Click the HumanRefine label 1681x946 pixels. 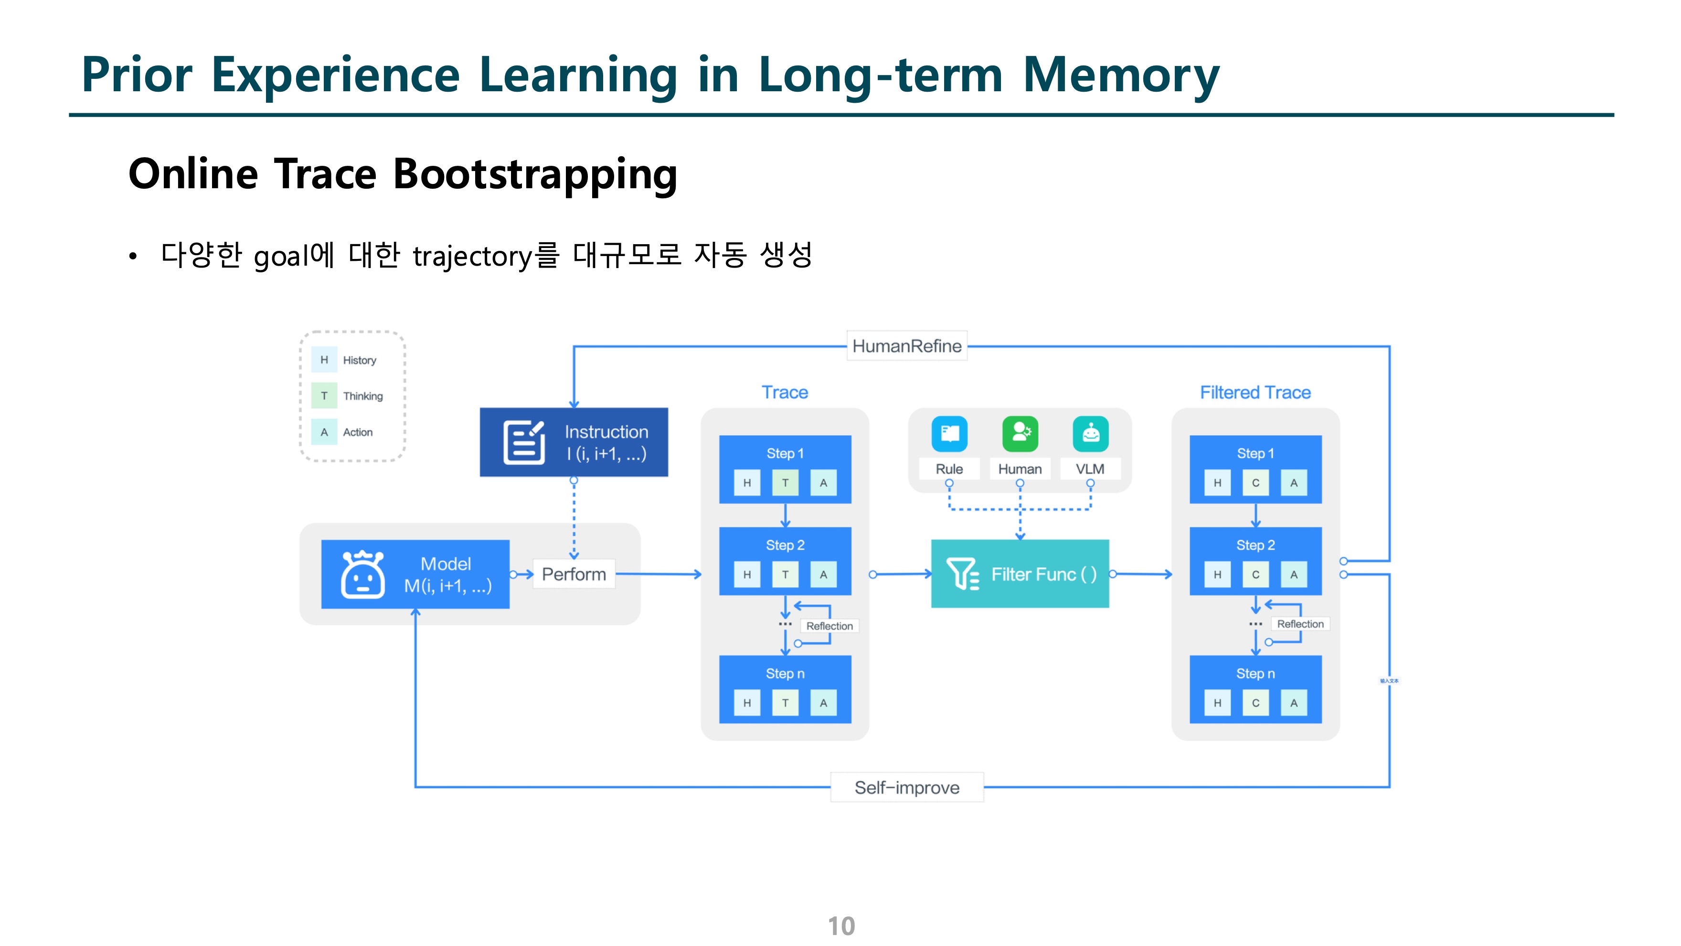(906, 346)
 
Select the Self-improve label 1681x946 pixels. (906, 787)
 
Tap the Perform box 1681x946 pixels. (574, 574)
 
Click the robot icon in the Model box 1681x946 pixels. (363, 574)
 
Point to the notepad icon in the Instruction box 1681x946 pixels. (523, 442)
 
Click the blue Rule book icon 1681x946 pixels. (949, 433)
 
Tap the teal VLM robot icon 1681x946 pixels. (1090, 433)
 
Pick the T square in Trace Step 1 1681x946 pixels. (785, 483)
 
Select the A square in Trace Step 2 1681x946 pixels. (823, 574)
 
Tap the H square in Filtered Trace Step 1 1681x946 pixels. (1217, 483)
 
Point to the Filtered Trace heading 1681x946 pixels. (1255, 392)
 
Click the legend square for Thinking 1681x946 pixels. (324, 396)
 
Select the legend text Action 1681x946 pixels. (358, 432)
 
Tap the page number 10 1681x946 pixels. (840, 926)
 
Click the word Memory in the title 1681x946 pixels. (1120, 75)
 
